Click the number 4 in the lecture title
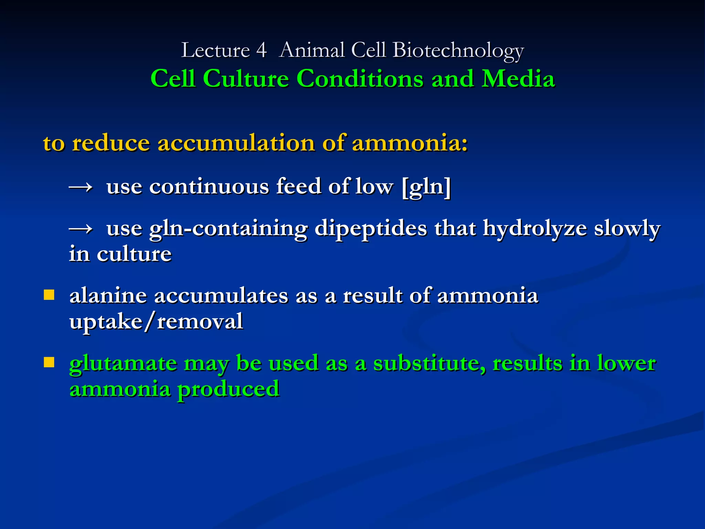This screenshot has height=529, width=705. (x=261, y=50)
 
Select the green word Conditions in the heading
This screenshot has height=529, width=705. (x=359, y=79)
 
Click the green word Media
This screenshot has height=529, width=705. (x=518, y=79)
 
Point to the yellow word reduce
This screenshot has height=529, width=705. (x=111, y=143)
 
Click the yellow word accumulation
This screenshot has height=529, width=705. (x=236, y=143)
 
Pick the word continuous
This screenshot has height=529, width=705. (x=209, y=187)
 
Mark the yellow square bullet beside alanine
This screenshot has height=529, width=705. (x=49, y=295)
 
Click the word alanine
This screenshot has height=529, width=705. (x=108, y=296)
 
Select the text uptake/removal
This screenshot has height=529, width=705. (x=156, y=322)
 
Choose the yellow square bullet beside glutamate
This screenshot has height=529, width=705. (x=49, y=362)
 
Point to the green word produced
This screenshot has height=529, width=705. (x=228, y=390)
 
